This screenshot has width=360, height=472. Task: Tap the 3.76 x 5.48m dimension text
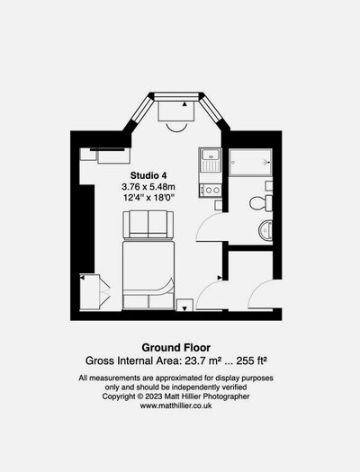click(148, 187)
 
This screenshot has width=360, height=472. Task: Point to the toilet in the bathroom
click(261, 203)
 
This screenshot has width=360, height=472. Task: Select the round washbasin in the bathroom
click(265, 230)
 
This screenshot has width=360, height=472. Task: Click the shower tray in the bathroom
click(250, 162)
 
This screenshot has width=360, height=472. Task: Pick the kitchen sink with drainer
click(211, 160)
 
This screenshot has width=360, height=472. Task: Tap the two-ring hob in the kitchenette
click(211, 190)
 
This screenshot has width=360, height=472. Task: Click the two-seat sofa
click(148, 225)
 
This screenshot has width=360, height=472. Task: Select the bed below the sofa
click(148, 275)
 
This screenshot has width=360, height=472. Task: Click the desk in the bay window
click(175, 111)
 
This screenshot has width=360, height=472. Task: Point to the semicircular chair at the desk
click(176, 129)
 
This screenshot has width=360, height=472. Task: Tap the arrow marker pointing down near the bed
click(184, 308)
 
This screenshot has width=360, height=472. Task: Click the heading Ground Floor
click(176, 348)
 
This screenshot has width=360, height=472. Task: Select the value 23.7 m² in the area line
click(203, 361)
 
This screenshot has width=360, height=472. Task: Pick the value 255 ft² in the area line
click(252, 361)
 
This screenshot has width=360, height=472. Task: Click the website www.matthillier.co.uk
click(175, 405)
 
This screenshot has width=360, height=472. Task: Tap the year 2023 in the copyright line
click(154, 396)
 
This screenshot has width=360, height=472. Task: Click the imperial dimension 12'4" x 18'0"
click(149, 198)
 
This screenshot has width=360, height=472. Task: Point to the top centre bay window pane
click(176, 96)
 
